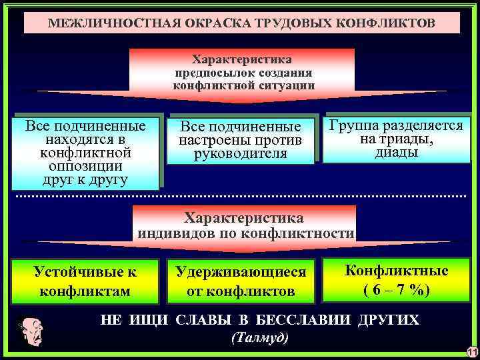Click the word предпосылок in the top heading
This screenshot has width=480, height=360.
click(x=217, y=72)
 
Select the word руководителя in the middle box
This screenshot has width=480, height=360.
click(x=241, y=154)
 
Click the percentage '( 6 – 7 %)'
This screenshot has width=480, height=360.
click(x=396, y=291)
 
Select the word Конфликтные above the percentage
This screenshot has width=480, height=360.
click(x=396, y=271)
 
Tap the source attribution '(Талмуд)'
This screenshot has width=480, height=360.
click(x=259, y=337)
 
